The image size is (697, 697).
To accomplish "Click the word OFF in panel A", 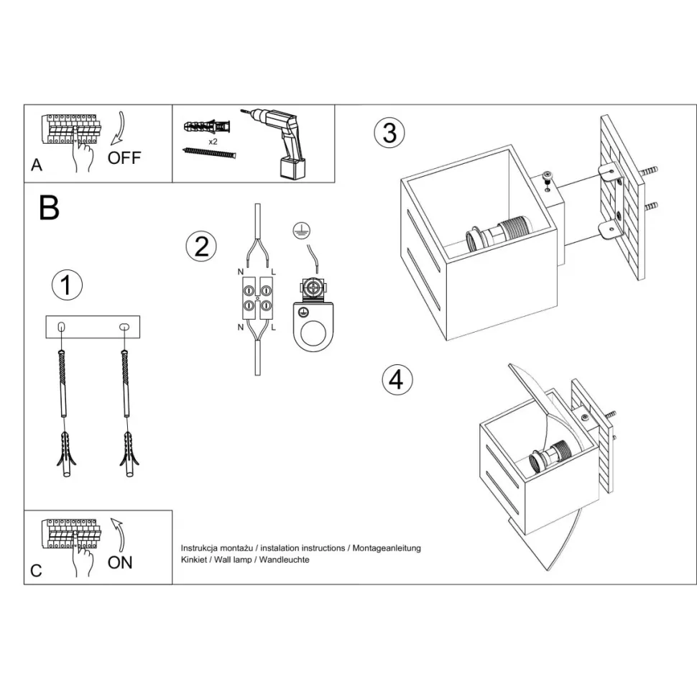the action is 124,158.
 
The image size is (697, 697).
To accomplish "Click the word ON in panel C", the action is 120,563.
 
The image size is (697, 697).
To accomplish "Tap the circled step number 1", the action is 67,285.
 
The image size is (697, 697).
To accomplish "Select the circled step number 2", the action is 201,246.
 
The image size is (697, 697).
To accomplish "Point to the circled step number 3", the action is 389,132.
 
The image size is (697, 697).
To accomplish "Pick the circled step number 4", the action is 397,380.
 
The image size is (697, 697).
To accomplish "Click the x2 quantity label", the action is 213,142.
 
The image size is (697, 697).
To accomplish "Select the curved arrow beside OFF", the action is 119,129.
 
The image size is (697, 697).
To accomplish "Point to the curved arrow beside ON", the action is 119,535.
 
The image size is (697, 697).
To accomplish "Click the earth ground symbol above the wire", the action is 301,231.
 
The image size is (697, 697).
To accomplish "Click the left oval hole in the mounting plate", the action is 63,327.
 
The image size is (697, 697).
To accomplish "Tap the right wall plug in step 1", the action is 129,454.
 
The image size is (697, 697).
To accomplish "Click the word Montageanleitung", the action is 387,548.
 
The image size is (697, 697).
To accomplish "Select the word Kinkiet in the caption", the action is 194,560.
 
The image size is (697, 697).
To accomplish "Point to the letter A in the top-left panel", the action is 37,165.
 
